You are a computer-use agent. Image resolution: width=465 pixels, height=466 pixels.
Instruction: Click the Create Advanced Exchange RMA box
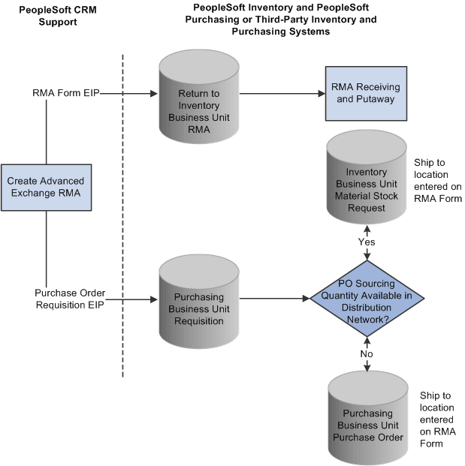pyautogui.click(x=46, y=188)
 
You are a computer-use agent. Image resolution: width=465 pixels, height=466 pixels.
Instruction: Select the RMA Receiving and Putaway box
pyautogui.click(x=366, y=94)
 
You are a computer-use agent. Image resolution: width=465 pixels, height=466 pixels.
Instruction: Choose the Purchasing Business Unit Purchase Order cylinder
pyautogui.click(x=367, y=420)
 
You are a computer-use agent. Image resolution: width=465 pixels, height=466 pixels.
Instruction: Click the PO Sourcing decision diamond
pyautogui.click(x=367, y=298)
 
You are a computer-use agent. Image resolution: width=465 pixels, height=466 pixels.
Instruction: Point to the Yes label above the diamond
pyautogui.click(x=367, y=242)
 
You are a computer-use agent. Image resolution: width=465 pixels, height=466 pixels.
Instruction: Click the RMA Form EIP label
pyautogui.click(x=65, y=93)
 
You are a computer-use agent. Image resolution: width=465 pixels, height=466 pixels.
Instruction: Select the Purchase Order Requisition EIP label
pyautogui.click(x=69, y=298)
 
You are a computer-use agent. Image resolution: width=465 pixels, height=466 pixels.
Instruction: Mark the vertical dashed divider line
pyautogui.click(x=122, y=225)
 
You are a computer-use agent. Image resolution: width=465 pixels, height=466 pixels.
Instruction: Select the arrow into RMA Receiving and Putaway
pyautogui.click(x=282, y=94)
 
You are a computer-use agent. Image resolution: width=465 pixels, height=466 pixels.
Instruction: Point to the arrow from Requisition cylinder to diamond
pyautogui.click(x=274, y=298)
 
